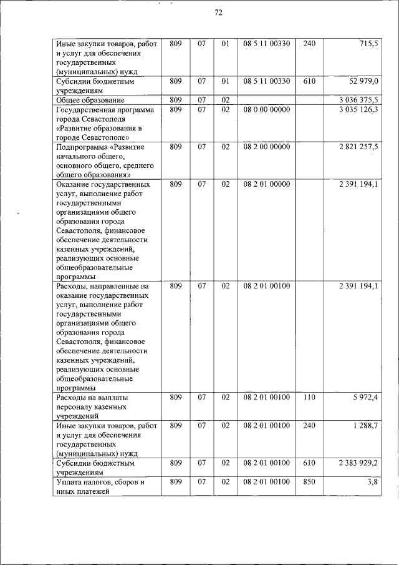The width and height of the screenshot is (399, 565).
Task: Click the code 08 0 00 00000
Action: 266,109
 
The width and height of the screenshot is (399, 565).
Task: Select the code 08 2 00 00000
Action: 266,147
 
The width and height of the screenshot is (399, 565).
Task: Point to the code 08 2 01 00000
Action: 266,184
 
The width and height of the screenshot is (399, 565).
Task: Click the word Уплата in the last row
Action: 69,483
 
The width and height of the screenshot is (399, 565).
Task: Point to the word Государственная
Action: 85,110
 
